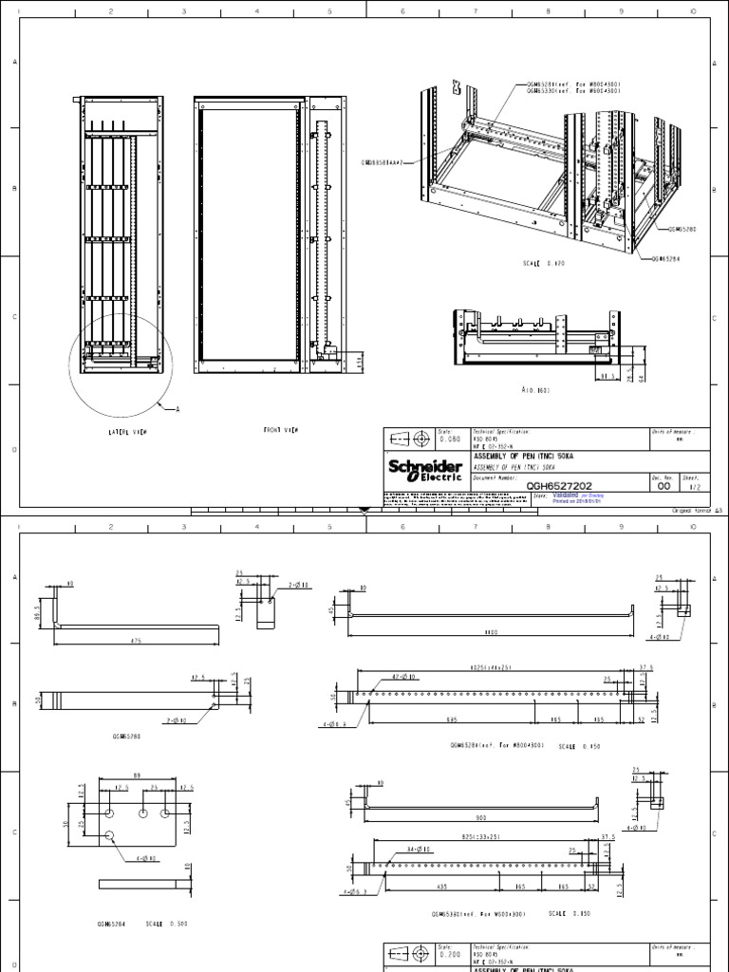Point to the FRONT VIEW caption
[x=281, y=430]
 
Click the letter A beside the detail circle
[x=175, y=409]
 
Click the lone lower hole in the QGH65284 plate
[x=111, y=834]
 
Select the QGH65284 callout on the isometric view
[x=671, y=257]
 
